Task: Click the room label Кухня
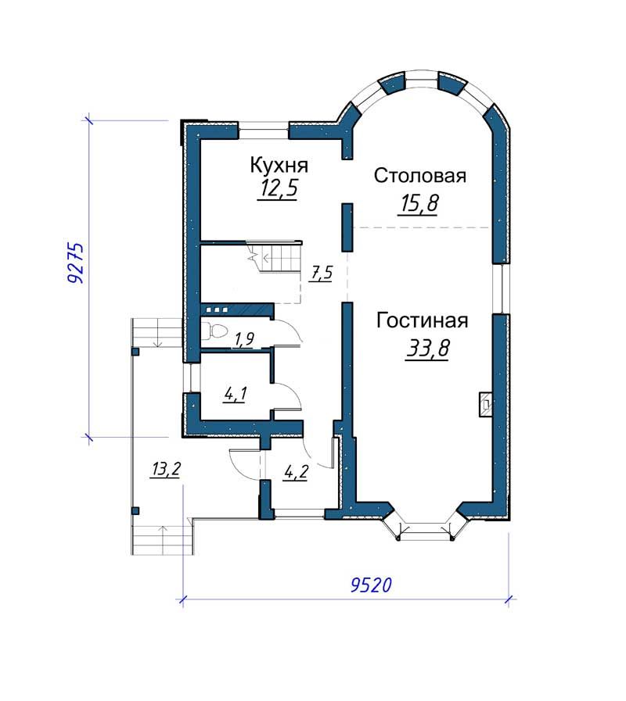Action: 279,166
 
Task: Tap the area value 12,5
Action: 278,189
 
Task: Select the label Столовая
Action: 420,176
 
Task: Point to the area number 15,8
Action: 418,204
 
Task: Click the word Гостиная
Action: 423,321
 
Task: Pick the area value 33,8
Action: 427,349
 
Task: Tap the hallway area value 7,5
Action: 322,273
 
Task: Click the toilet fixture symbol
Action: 215,331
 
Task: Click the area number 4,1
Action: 236,395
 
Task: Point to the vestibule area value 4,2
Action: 296,472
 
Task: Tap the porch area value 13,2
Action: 166,469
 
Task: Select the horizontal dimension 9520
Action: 371,585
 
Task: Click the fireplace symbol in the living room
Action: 486,405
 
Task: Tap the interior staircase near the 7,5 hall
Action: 274,258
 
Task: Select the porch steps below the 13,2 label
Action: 163,540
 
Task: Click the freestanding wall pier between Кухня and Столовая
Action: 347,227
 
